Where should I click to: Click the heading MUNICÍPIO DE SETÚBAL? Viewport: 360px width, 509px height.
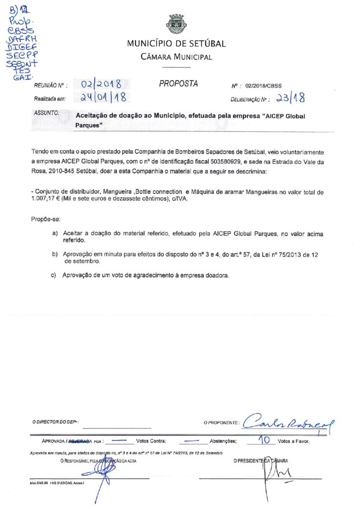point(176,44)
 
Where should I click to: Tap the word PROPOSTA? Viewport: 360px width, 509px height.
point(179,84)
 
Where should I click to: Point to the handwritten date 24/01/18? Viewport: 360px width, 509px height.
point(101,98)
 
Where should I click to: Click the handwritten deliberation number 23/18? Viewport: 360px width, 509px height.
point(291,98)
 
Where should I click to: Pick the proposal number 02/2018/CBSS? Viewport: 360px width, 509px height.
point(264,85)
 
